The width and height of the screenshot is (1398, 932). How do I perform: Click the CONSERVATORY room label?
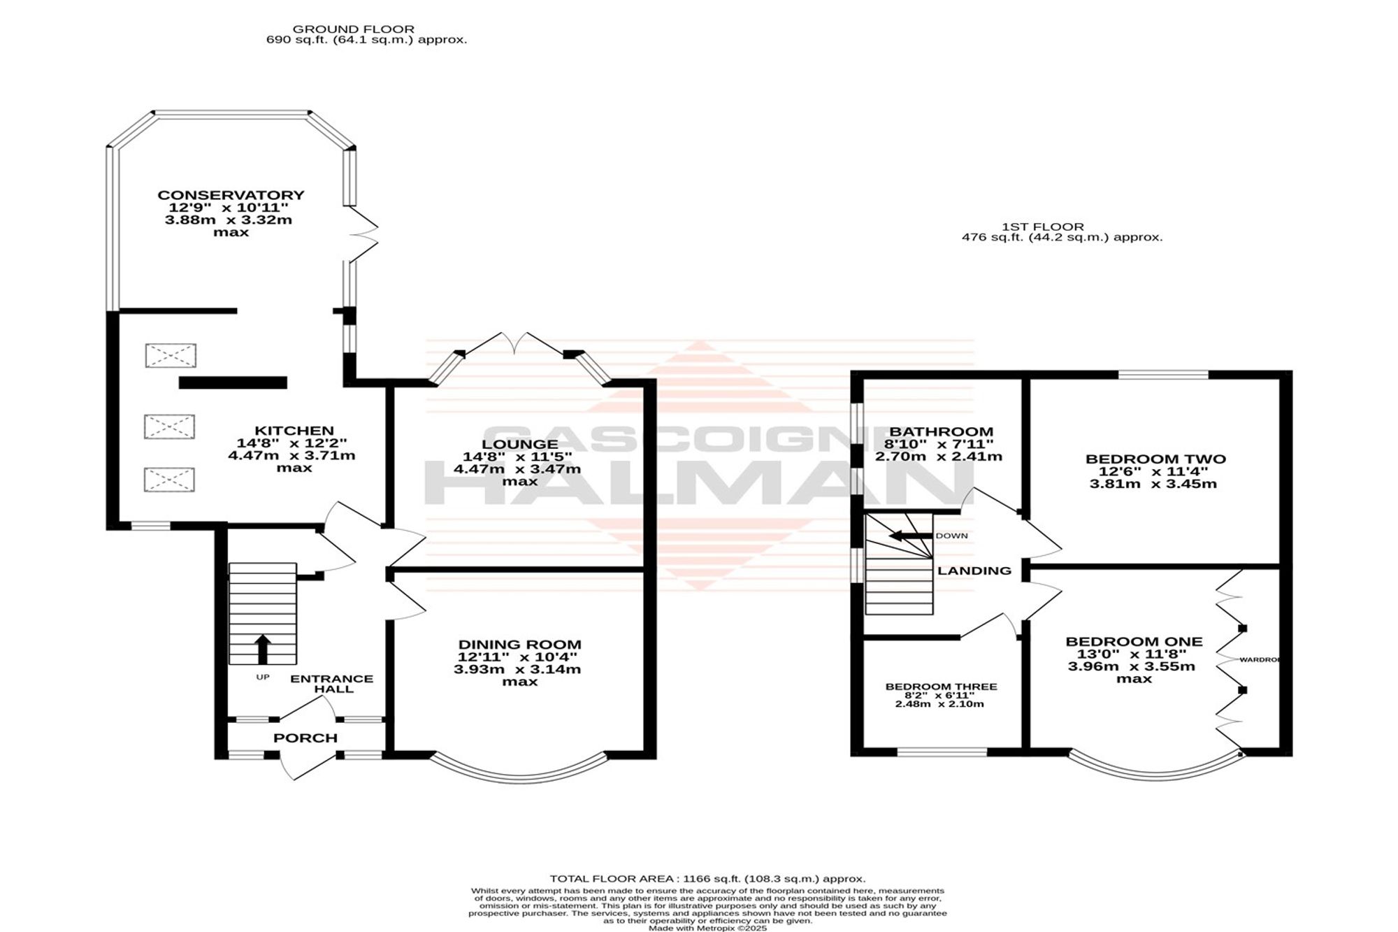[x=231, y=195]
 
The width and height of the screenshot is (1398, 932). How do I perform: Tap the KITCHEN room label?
[x=294, y=431]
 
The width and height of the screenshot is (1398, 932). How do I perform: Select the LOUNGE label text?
[x=519, y=444]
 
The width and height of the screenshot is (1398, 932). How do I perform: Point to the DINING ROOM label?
[x=519, y=645]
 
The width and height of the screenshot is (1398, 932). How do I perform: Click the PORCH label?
[x=305, y=738]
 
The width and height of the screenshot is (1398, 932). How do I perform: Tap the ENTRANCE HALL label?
[x=332, y=684]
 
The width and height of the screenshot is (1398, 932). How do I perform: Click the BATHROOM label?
[x=941, y=432]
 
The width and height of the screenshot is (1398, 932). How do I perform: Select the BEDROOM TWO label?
[x=1155, y=459]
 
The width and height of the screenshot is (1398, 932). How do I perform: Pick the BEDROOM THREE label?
[x=941, y=687]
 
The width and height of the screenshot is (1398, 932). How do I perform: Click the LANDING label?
[x=974, y=571]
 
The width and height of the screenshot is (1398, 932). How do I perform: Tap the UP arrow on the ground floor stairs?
[x=262, y=649]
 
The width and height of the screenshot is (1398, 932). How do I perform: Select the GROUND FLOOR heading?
[x=354, y=29]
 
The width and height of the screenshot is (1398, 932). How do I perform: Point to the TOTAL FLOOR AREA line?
[x=707, y=879]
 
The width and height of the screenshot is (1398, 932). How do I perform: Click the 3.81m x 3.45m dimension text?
[x=1153, y=484]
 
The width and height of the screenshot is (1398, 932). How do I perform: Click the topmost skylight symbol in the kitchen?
[x=171, y=355]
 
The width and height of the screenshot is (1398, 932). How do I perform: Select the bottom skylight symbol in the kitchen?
[x=169, y=480]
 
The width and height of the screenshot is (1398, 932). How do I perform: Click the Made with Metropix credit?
[x=707, y=929]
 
